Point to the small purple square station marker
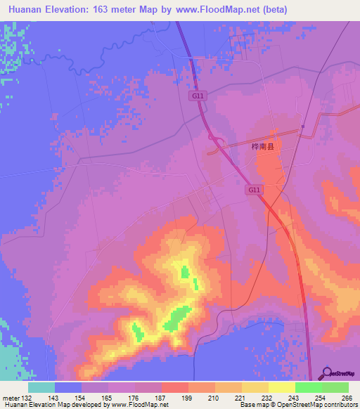[302, 126]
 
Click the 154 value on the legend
[82, 398]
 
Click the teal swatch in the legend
[41, 387]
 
